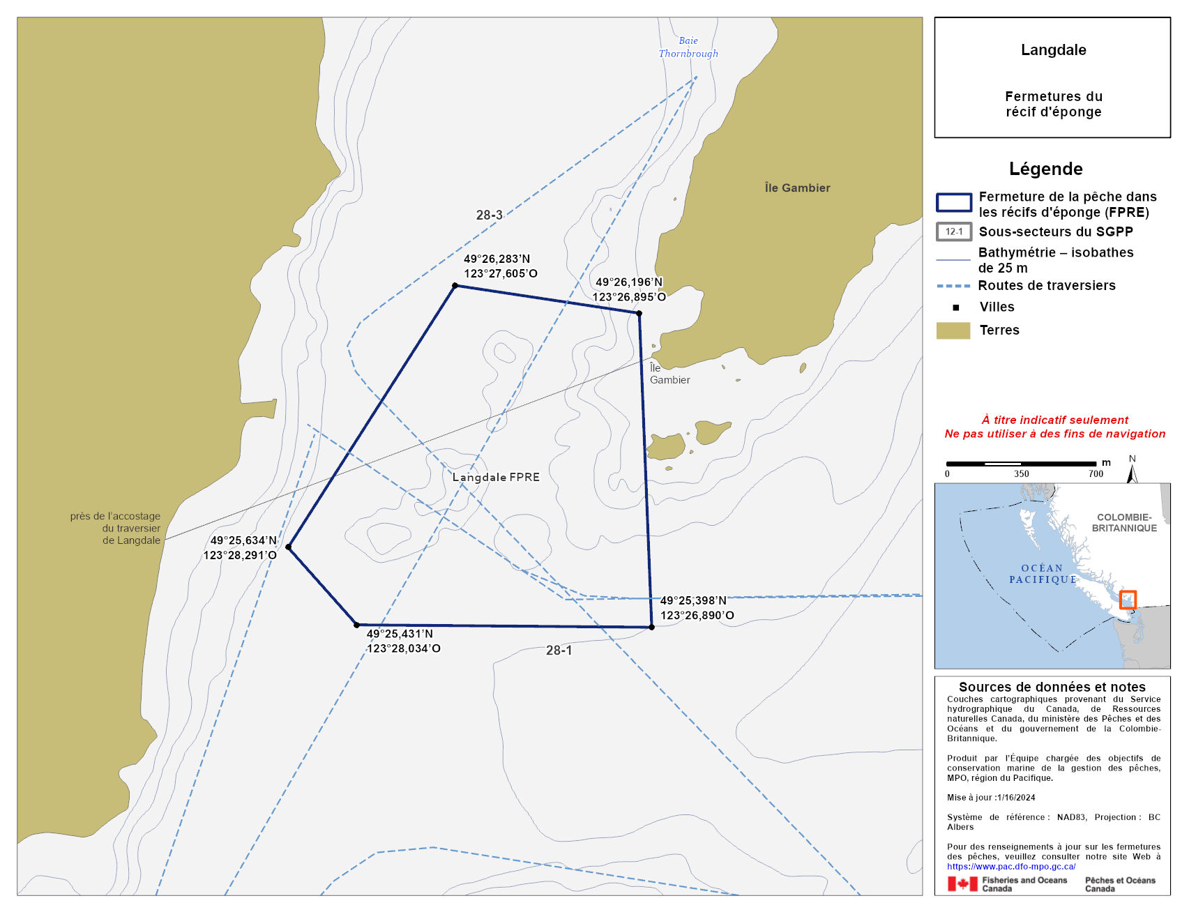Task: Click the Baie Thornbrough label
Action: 688,47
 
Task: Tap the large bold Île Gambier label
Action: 797,188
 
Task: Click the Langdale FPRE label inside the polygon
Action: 496,477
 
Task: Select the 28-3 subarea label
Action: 489,215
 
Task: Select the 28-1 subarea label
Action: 559,650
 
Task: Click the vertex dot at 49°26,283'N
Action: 455,285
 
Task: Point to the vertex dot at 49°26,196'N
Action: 639,313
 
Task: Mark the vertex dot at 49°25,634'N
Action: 288,547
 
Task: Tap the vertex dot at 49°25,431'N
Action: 356,625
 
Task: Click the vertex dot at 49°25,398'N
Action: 651,627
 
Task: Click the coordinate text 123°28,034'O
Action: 404,648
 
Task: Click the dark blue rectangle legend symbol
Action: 953,202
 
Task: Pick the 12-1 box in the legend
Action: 953,231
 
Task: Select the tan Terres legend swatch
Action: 953,331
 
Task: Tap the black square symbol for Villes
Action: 955,307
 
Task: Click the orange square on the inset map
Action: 1128,600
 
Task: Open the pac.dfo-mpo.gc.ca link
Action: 1010,866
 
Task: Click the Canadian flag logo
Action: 962,883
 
